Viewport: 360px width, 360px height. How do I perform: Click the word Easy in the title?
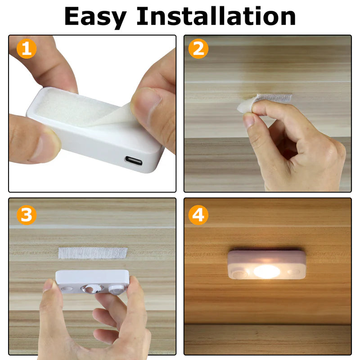point(95,17)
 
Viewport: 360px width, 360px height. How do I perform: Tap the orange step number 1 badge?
point(27,49)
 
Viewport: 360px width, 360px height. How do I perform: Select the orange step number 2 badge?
point(198,49)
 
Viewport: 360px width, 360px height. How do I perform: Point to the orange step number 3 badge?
point(27,215)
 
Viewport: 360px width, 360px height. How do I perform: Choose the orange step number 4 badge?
point(198,215)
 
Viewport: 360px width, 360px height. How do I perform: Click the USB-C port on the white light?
point(134,161)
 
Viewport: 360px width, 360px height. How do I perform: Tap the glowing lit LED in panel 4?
point(266,271)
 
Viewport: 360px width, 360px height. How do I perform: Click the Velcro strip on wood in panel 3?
point(93,252)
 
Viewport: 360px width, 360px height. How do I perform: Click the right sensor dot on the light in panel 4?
point(293,272)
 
